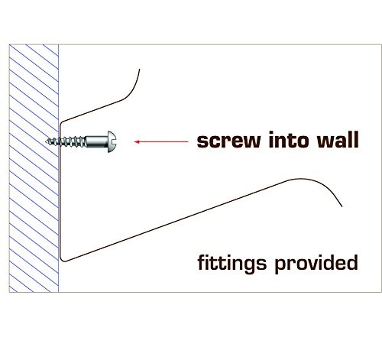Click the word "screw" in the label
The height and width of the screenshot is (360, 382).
tap(229, 141)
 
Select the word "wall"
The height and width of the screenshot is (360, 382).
tap(338, 139)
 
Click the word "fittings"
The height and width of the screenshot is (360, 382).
tap(232, 264)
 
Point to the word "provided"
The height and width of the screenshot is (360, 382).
tap(316, 264)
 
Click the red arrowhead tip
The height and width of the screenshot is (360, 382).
tap(134, 141)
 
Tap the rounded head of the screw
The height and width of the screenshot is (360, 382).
tap(112, 141)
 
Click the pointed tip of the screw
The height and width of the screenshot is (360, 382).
tap(46, 141)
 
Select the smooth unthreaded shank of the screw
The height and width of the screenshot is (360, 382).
tap(97, 141)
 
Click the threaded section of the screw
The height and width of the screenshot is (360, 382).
tap(66, 141)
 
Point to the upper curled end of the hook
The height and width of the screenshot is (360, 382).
tap(139, 70)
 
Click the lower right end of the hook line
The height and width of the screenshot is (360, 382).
tap(342, 206)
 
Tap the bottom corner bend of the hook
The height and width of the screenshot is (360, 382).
tap(63, 259)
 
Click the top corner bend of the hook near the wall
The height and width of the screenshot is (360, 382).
tap(62, 123)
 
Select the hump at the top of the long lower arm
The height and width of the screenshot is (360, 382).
tap(300, 179)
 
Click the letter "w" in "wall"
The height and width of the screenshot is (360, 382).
tap(326, 141)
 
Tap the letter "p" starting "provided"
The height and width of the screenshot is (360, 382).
tap(280, 266)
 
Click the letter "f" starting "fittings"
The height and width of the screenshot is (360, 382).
tap(201, 262)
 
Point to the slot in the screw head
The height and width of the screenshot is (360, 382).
tap(115, 141)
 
